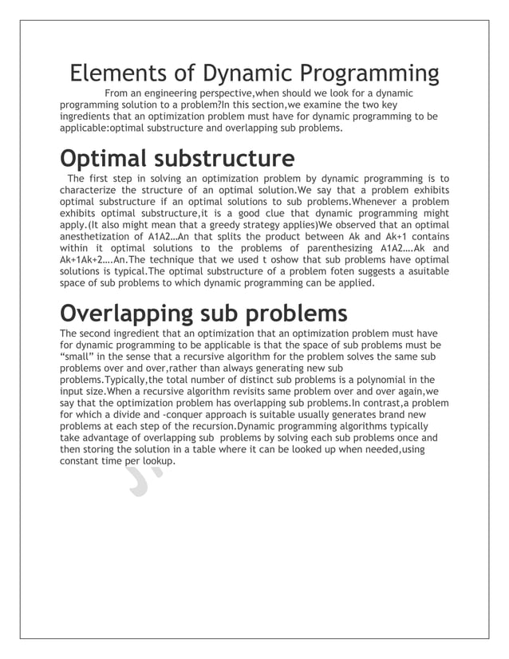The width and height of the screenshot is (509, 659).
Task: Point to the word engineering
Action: pyautogui.click(x=188, y=94)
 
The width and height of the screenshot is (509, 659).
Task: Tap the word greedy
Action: pyautogui.click(x=206, y=226)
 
